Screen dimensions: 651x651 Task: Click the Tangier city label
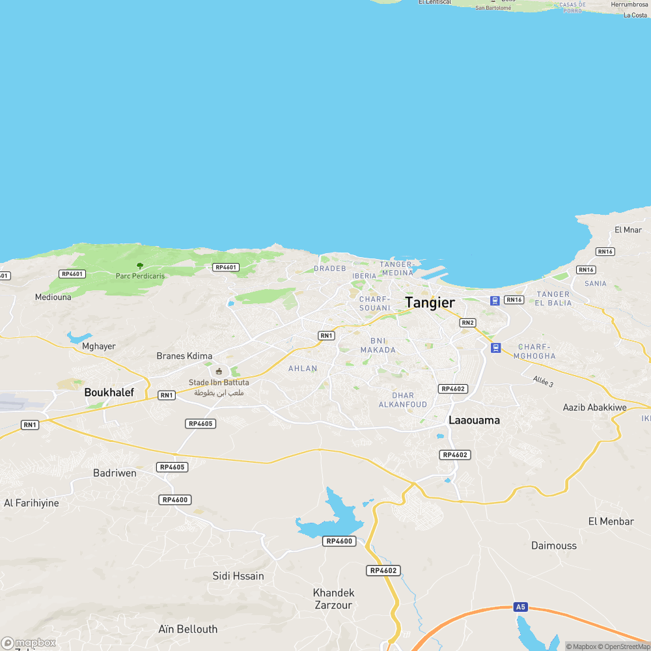click(430, 302)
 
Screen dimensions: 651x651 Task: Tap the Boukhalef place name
click(109, 393)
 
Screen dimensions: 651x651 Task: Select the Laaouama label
click(474, 421)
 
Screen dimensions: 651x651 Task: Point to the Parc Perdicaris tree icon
click(140, 266)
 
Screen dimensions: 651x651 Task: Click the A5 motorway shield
click(519, 607)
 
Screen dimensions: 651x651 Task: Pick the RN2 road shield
click(467, 323)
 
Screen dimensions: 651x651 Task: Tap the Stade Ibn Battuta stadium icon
click(219, 371)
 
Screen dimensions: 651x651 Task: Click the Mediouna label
click(53, 297)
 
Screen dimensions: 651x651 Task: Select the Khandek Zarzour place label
click(333, 599)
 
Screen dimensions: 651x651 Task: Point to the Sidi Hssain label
click(238, 576)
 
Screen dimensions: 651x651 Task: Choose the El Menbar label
click(611, 521)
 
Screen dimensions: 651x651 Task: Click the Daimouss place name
click(553, 546)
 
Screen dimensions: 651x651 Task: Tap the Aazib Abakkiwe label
click(594, 408)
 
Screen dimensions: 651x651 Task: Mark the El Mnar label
click(628, 230)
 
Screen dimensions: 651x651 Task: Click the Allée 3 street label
click(542, 381)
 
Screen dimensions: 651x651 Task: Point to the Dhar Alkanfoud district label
click(403, 400)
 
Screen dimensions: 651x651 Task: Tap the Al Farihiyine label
click(31, 503)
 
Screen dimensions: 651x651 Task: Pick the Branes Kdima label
click(184, 356)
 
